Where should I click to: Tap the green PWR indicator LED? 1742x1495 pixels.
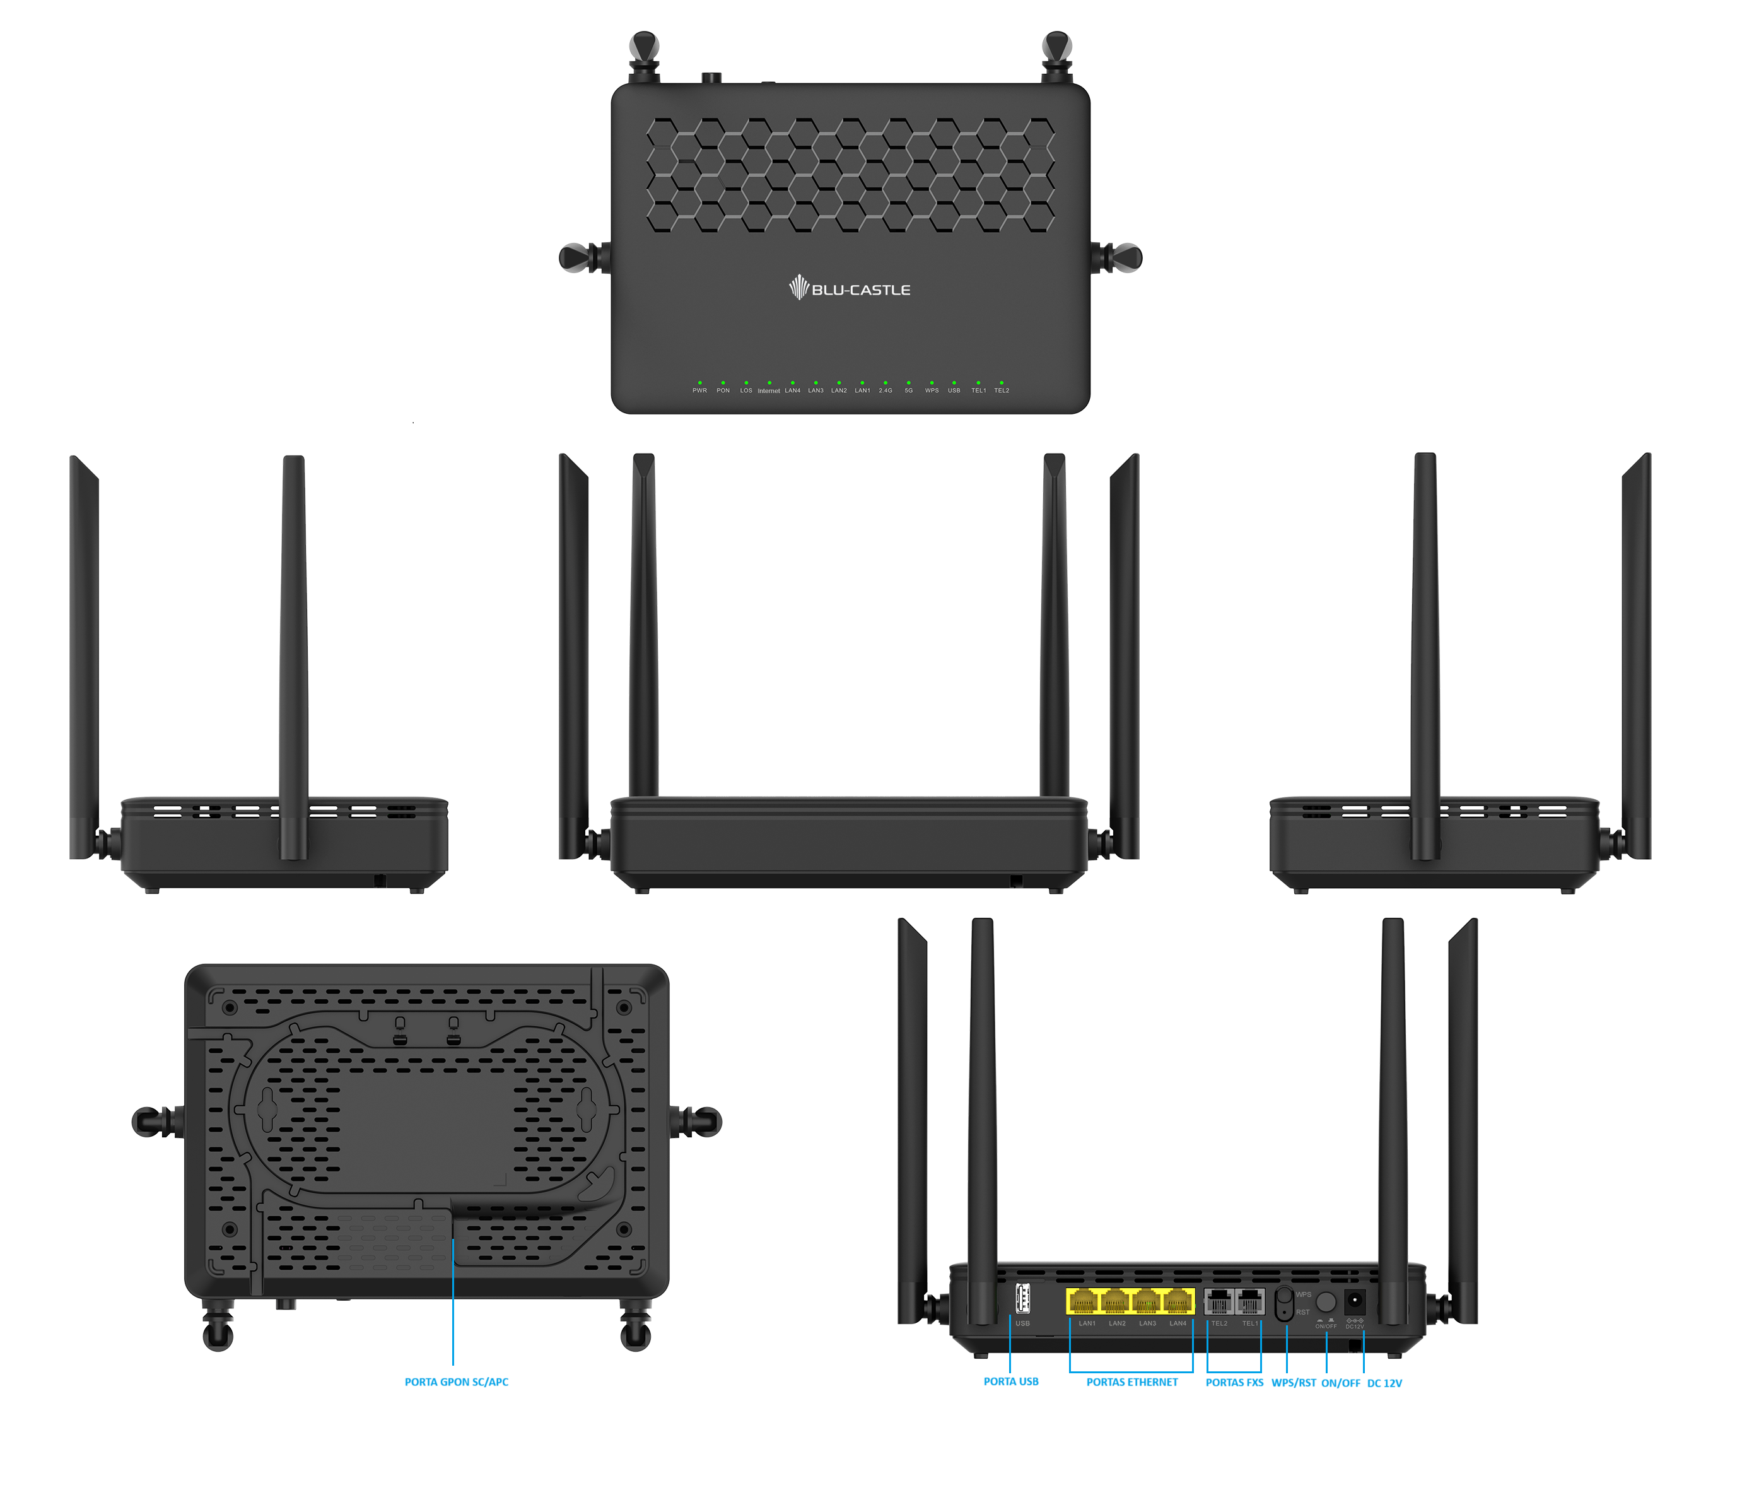699,382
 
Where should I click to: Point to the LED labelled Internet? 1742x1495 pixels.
768,382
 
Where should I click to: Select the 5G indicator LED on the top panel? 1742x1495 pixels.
909,382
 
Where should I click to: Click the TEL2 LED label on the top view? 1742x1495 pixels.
1002,390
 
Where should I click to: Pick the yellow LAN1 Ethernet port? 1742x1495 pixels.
1083,1301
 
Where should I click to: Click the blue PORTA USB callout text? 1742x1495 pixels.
1010,1381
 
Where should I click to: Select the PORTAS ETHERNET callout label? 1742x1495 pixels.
1131,1382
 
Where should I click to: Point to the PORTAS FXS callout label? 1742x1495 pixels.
1234,1382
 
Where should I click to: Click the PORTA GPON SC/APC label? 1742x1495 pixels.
457,1381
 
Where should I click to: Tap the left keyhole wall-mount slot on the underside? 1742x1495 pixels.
267,1110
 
